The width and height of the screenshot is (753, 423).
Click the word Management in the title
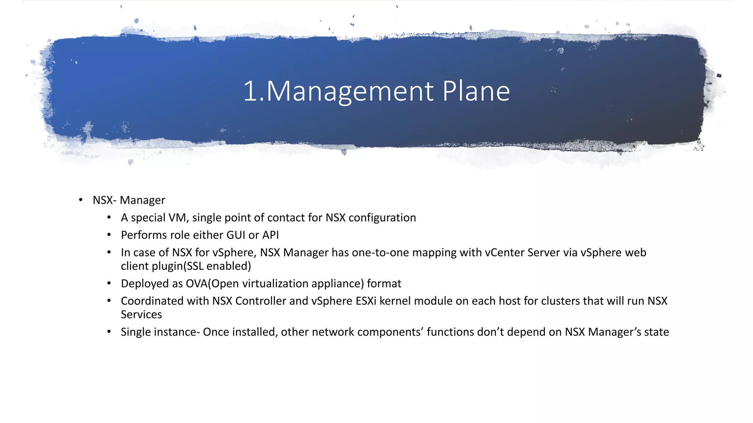coord(349,91)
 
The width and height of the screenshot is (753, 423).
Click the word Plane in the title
coord(476,91)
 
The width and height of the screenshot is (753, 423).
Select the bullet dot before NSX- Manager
coord(81,200)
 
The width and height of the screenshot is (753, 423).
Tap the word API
coord(270,235)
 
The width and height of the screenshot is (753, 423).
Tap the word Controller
coord(261,301)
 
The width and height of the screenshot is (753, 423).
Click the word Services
coord(141,315)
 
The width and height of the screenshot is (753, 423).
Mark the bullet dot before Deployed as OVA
coord(109,283)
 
